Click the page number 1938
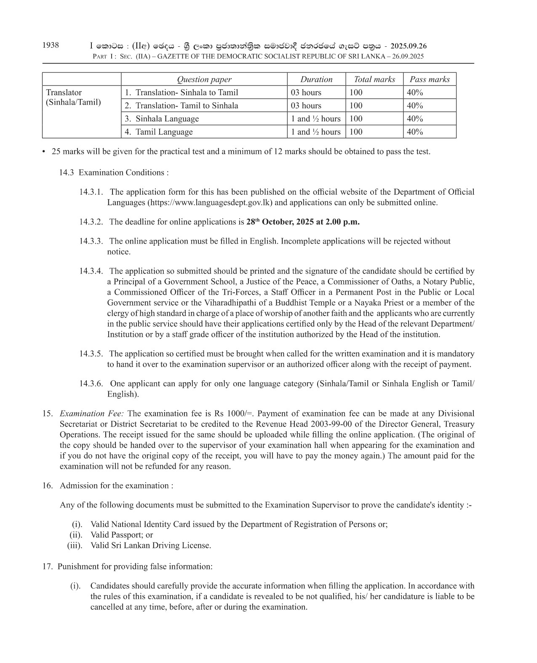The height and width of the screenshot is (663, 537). click(x=51, y=45)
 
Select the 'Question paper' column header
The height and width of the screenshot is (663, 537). click(x=204, y=79)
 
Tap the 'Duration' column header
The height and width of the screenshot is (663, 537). click(x=316, y=79)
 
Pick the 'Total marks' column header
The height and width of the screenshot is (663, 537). click(x=374, y=79)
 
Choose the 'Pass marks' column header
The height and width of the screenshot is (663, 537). click(x=430, y=79)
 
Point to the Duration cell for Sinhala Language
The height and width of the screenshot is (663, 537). click(x=315, y=118)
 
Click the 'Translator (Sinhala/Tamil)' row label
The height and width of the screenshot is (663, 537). click(x=73, y=97)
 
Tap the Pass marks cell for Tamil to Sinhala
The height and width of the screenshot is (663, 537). click(x=415, y=105)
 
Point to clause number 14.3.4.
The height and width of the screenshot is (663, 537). click(x=91, y=271)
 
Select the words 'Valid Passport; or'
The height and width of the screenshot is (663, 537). click(x=122, y=535)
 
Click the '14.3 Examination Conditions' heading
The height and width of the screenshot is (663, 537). click(x=114, y=172)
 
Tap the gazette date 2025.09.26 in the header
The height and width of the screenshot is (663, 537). click(x=409, y=46)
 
